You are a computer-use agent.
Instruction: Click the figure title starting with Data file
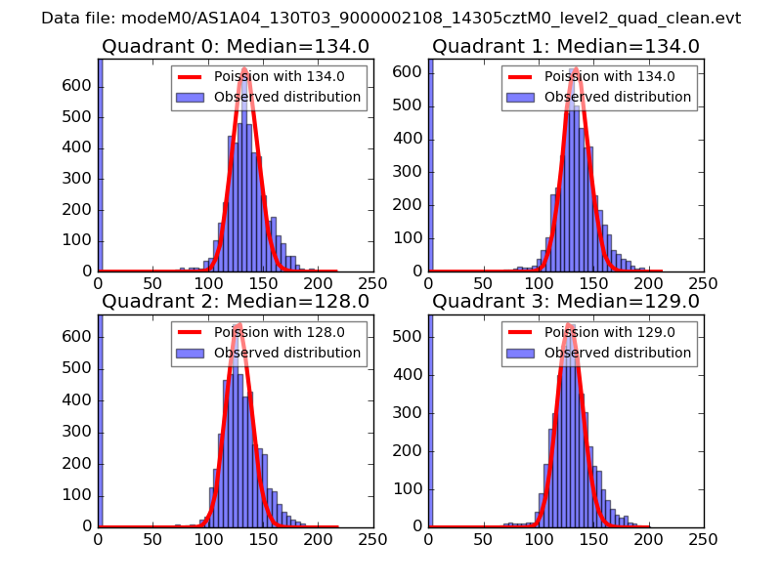391,18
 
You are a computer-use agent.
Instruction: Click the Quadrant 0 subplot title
236,46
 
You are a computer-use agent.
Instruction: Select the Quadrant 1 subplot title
566,46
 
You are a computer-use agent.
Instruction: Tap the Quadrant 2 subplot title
236,301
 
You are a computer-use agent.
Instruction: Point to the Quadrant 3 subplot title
566,301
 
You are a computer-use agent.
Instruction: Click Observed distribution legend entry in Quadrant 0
287,97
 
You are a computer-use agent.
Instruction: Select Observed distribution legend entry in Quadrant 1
618,97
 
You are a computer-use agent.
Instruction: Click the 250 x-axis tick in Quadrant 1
703,283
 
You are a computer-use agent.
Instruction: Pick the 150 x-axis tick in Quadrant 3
593,538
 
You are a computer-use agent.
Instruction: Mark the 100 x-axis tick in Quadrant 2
207,538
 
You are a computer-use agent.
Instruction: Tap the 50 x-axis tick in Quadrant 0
152,283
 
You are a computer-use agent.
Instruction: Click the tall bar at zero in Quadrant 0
100,166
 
